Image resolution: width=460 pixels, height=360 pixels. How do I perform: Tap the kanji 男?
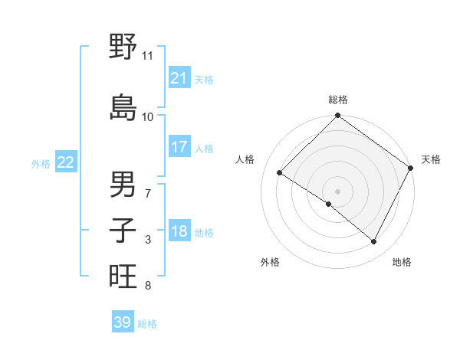click(x=123, y=184)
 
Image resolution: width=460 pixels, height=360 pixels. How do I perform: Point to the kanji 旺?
click(x=123, y=277)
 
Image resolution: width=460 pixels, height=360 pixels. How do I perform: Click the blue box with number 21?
click(x=179, y=77)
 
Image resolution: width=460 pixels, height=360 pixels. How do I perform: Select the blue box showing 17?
click(x=179, y=147)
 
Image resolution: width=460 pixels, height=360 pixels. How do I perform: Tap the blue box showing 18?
click(x=179, y=232)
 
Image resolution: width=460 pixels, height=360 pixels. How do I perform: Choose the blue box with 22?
click(x=66, y=162)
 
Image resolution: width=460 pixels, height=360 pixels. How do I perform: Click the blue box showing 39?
click(x=123, y=322)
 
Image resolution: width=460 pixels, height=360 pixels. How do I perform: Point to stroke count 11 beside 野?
click(x=147, y=55)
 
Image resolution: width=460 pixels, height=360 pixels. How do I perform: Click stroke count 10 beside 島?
click(x=147, y=116)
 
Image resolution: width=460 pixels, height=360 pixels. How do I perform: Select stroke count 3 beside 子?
click(x=148, y=241)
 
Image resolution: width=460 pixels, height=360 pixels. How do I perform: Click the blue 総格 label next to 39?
click(x=147, y=324)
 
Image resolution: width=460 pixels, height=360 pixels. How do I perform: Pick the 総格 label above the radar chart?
click(x=338, y=100)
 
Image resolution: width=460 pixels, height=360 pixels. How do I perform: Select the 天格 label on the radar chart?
click(x=431, y=159)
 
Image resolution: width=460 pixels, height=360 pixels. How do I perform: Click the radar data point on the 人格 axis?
click(x=280, y=172)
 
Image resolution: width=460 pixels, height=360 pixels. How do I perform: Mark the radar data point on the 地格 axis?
click(x=374, y=242)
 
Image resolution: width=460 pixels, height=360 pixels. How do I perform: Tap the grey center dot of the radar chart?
click(x=337, y=191)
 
